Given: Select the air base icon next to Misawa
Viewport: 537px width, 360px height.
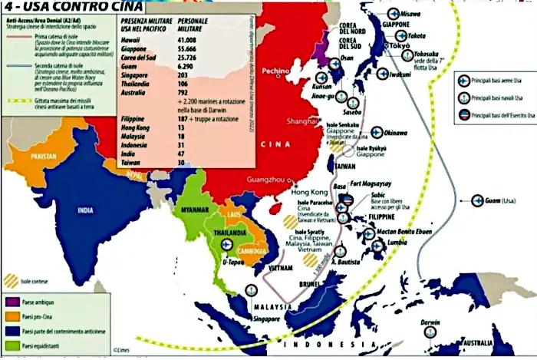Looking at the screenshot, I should click(394, 13).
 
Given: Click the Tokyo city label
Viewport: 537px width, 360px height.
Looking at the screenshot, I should click(401, 45).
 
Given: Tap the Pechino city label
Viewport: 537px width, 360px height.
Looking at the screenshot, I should click(274, 71).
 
